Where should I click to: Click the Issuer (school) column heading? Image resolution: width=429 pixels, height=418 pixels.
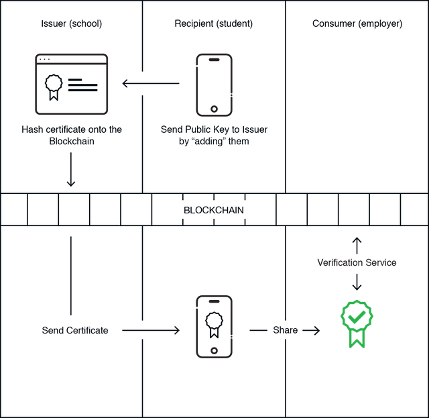pos(72,23)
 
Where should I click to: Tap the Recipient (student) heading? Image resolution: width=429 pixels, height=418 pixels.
pos(214,23)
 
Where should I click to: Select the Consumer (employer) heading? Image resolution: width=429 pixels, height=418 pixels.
pos(357,23)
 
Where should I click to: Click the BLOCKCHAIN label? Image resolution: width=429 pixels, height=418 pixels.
pos(214,210)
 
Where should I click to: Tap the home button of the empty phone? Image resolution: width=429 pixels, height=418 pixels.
pos(214,109)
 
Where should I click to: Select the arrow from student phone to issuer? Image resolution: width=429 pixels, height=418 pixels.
pos(151,83)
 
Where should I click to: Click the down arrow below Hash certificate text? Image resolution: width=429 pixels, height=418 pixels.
pos(71,170)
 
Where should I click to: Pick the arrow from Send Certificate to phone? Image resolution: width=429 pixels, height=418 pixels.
pos(151,330)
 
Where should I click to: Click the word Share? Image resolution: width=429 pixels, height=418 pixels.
pos(286,330)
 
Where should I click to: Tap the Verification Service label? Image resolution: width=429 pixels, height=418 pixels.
pos(357,263)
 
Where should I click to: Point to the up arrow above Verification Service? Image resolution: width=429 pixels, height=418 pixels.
pos(357,246)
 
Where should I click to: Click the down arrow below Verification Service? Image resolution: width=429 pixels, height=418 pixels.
pos(357,282)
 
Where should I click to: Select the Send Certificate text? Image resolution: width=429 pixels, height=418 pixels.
pos(75,330)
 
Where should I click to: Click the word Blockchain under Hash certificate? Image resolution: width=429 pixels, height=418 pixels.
pos(72,142)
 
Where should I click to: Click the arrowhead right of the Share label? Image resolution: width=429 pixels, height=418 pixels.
pos(316,330)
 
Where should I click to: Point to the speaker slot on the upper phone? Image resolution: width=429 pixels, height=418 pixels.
pos(214,60)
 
